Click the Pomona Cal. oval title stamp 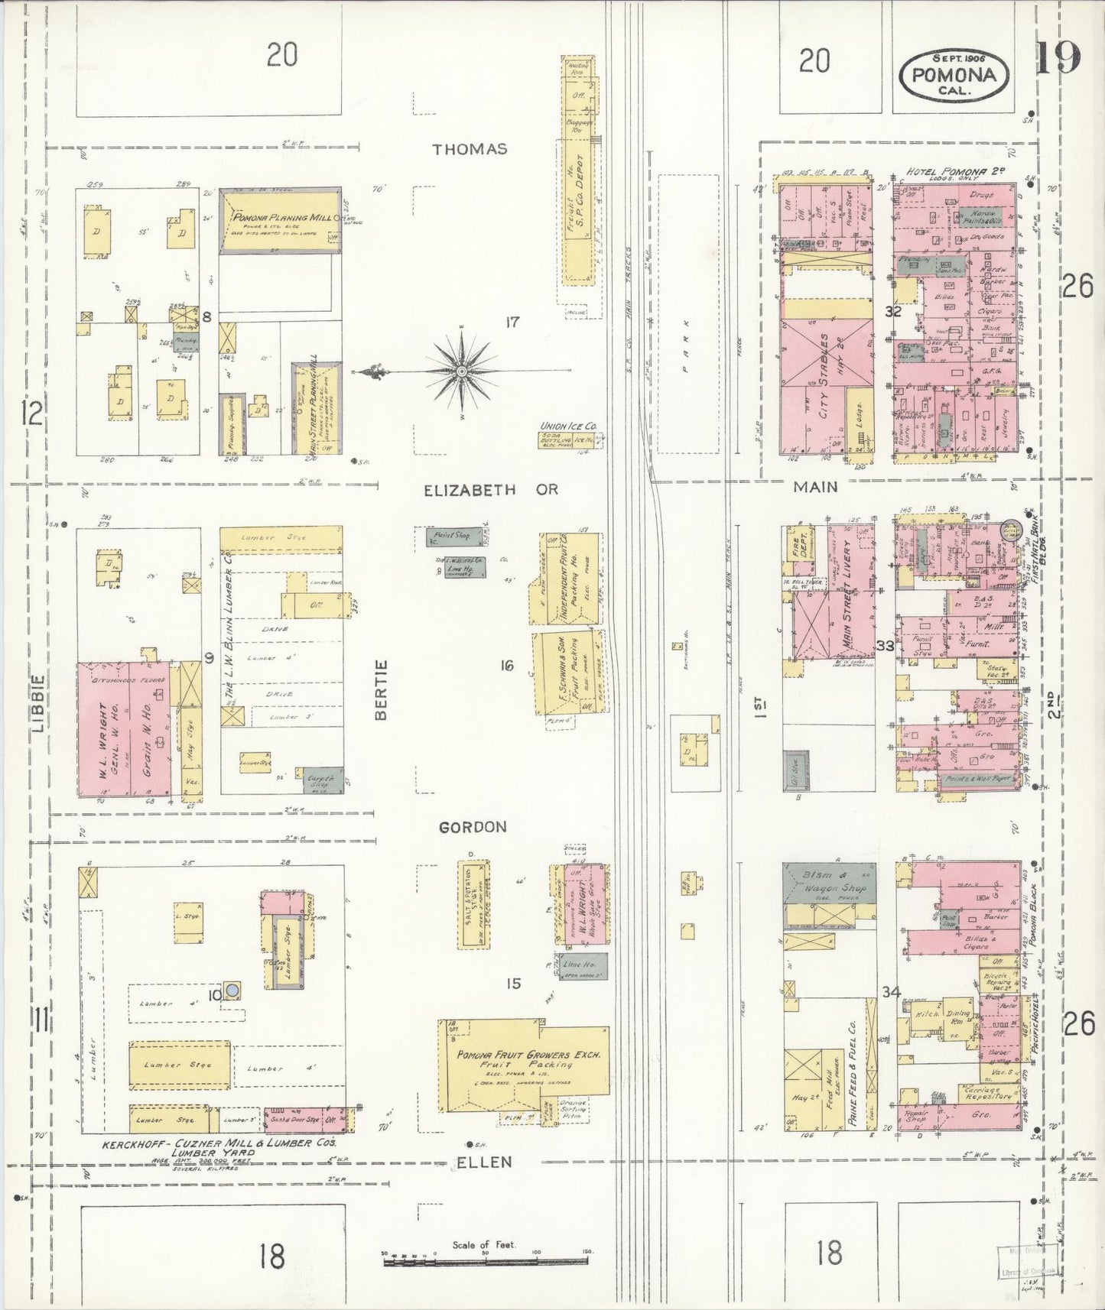tap(954, 74)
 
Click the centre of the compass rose tap(461, 371)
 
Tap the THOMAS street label tap(470, 149)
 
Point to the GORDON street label tap(473, 827)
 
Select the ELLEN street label tap(484, 1162)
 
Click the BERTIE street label tap(382, 689)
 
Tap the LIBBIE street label tap(39, 702)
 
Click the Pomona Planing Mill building tap(280, 222)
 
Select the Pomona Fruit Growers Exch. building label tap(528, 1058)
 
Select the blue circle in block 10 tap(232, 991)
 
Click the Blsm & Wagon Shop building tap(829, 882)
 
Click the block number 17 tap(512, 323)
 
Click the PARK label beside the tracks tap(686, 345)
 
